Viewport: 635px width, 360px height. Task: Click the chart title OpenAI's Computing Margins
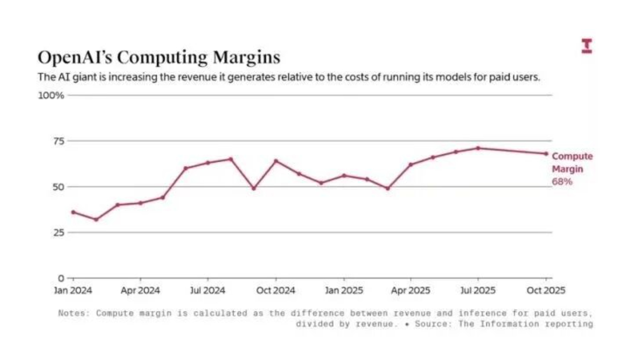pos(159,57)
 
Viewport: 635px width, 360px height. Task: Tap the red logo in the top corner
pos(586,46)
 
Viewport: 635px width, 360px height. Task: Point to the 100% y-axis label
pos(51,95)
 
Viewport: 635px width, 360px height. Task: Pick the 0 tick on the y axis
pos(61,278)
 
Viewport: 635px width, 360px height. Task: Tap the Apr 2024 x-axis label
pos(141,291)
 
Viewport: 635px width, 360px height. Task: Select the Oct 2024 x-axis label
pos(276,291)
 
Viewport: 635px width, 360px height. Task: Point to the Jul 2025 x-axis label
pos(478,291)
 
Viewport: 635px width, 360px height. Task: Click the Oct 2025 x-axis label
pos(546,291)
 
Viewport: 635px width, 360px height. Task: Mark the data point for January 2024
pos(73,212)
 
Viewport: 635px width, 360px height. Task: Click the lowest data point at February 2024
pos(96,219)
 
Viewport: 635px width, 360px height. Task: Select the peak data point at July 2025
pos(478,148)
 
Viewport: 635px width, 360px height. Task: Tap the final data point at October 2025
pos(546,154)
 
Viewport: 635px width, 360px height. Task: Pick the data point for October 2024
pos(276,161)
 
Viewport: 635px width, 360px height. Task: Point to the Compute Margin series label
pos(572,163)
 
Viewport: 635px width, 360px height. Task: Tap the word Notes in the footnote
pos(74,313)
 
